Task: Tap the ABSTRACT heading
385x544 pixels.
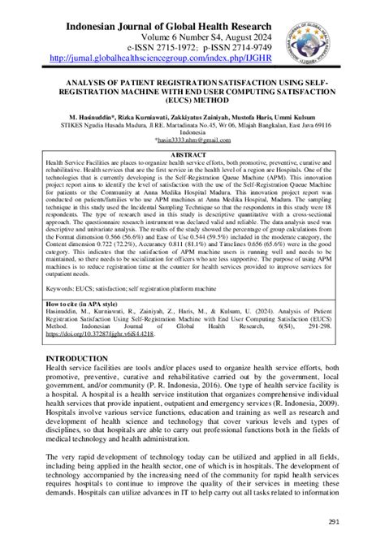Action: coord(192,153)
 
